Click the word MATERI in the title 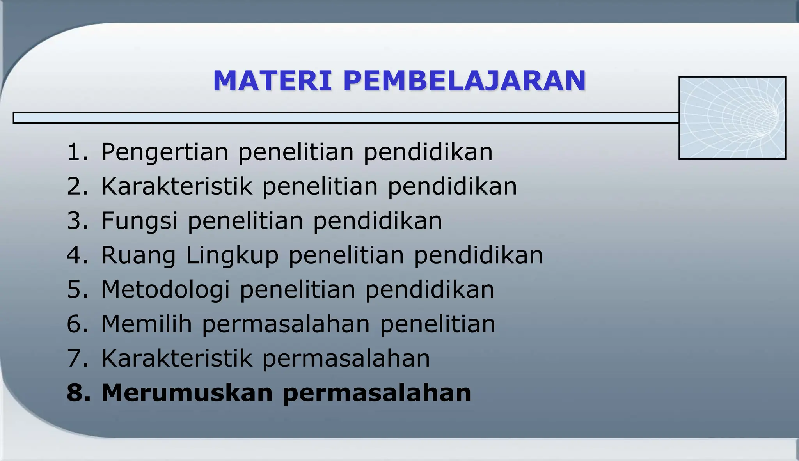[x=272, y=81]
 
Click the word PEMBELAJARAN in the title [x=465, y=81]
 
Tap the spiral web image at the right [x=732, y=118]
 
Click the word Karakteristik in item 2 [x=177, y=186]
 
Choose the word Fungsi [x=139, y=221]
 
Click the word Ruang [x=138, y=255]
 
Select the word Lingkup [x=232, y=255]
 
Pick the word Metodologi [x=165, y=290]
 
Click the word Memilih [x=147, y=324]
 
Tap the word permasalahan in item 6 [x=286, y=324]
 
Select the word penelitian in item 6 [x=437, y=324]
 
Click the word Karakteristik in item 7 [x=177, y=358]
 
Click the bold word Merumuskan [x=187, y=392]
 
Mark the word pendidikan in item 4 [x=478, y=255]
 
